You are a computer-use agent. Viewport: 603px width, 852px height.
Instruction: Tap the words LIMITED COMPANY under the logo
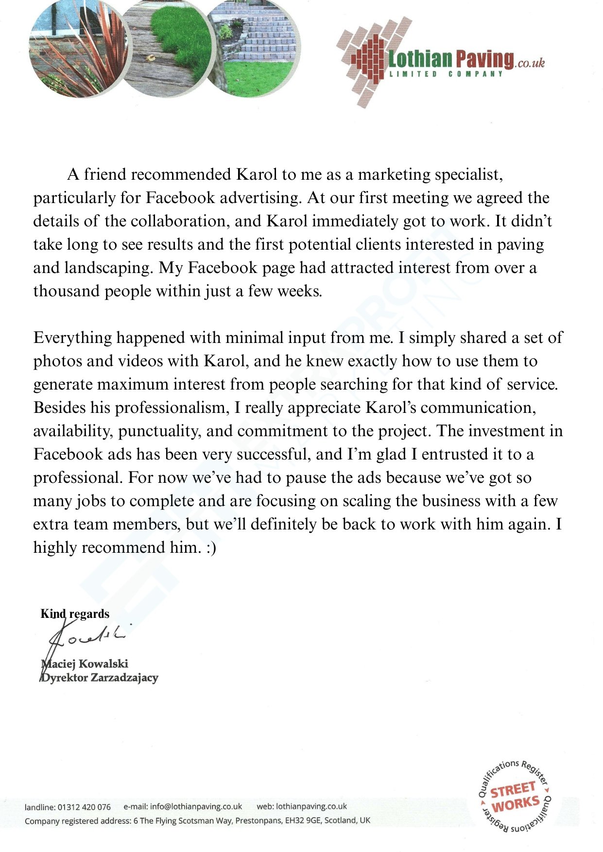(x=446, y=74)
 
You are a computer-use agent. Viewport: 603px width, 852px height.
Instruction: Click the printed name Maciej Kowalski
(x=85, y=664)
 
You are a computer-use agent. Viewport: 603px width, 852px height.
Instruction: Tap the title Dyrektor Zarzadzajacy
(x=100, y=678)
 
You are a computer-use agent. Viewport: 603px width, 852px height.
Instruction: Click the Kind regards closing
(x=75, y=613)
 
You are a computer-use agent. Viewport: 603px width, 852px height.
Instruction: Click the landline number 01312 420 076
(x=84, y=807)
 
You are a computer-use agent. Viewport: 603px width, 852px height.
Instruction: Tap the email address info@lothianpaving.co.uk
(x=196, y=806)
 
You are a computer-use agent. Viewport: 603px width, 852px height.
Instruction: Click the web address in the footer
(x=311, y=806)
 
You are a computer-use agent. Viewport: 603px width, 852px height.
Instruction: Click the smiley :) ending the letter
(x=210, y=548)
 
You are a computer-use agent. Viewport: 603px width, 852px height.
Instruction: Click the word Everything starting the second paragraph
(x=72, y=338)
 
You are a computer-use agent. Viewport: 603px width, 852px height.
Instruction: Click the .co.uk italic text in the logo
(x=531, y=63)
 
